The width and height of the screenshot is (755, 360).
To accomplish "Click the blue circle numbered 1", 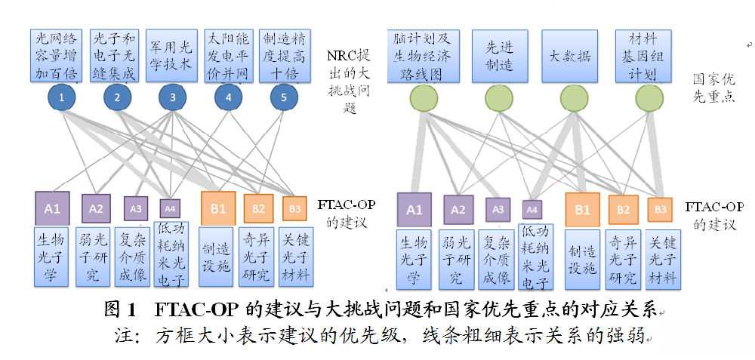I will pyautogui.click(x=62, y=97).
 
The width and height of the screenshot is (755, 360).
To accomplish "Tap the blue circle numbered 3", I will pyautogui.click(x=173, y=97).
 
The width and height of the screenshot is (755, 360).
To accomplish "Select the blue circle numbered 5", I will pyautogui.click(x=283, y=97).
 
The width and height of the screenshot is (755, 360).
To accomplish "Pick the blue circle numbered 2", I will pyautogui.click(x=117, y=97).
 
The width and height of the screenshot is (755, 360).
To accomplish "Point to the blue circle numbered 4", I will pyautogui.click(x=228, y=97).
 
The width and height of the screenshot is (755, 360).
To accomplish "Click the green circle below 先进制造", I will pyautogui.click(x=499, y=97).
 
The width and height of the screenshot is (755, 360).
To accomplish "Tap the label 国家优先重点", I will pyautogui.click(x=714, y=88).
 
